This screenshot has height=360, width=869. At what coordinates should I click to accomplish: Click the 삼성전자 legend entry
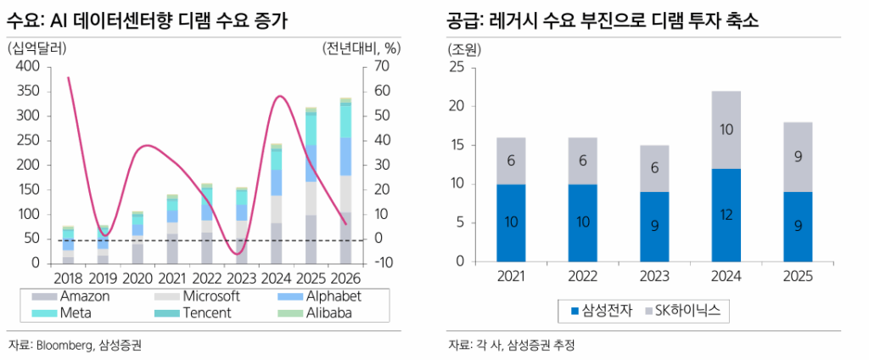[601, 312]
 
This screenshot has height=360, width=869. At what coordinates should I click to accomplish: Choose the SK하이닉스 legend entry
[682, 312]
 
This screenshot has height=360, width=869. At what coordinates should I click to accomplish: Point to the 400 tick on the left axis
[27, 66]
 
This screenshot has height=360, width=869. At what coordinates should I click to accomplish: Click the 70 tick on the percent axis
[378, 66]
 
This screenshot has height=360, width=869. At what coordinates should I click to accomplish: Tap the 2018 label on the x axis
[68, 277]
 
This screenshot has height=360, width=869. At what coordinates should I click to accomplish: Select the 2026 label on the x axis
[346, 277]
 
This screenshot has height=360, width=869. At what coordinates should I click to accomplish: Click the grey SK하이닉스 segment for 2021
[511, 160]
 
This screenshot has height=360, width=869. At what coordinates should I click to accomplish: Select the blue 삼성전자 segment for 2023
[654, 227]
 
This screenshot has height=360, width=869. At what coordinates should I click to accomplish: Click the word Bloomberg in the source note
[62, 345]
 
